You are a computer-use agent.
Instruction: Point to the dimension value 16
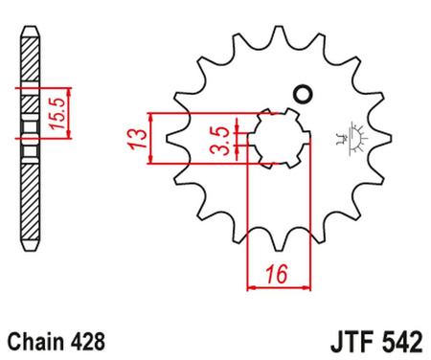[279, 274]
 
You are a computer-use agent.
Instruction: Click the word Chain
[34, 339]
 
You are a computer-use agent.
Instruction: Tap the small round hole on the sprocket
[306, 94]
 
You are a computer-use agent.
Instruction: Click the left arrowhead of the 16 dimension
[252, 284]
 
